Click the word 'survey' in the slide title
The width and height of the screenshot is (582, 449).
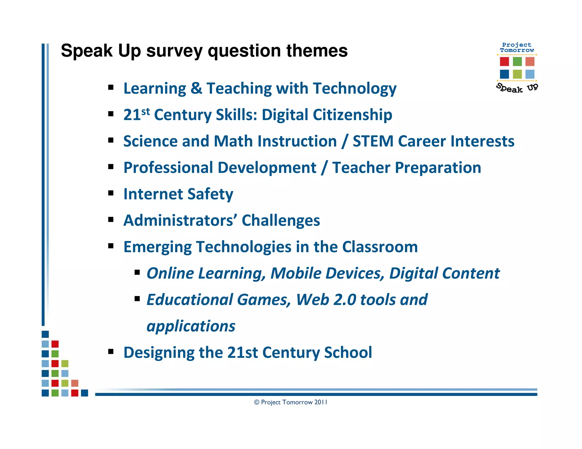pyautogui.click(x=174, y=51)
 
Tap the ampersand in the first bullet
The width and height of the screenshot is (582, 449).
pyautogui.click(x=196, y=88)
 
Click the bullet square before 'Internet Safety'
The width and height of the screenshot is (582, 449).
pyautogui.click(x=111, y=193)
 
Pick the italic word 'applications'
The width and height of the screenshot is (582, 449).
pyautogui.click(x=191, y=326)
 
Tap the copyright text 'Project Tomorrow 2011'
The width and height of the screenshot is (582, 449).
pyautogui.click(x=294, y=402)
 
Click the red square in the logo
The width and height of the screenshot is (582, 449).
pyautogui.click(x=504, y=62)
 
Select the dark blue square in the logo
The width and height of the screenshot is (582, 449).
pyautogui.click(x=504, y=74)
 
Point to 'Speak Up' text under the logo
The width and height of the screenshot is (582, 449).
pyautogui.click(x=517, y=88)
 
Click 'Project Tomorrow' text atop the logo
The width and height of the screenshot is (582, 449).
pyautogui.click(x=517, y=47)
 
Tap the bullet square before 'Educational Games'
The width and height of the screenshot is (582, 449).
pyautogui.click(x=137, y=299)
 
